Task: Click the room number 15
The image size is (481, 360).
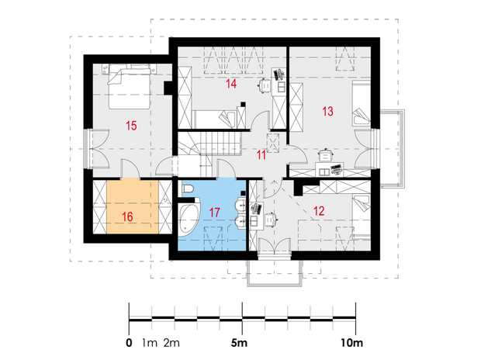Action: click(131, 126)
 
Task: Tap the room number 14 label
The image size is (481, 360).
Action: click(231, 84)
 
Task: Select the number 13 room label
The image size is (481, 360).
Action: click(327, 111)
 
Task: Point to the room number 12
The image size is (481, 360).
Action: click(319, 211)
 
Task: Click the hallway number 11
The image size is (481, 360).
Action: click(261, 155)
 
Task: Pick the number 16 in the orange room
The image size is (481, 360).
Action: click(127, 216)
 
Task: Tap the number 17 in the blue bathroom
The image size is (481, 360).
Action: click(214, 212)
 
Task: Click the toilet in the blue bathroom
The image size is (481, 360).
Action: click(188, 189)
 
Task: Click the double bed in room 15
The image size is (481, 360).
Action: click(129, 86)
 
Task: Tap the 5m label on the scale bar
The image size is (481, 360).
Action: click(239, 343)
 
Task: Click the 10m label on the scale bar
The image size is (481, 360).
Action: click(351, 343)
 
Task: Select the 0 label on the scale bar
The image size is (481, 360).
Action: click(129, 343)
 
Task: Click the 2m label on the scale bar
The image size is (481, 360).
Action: click(171, 343)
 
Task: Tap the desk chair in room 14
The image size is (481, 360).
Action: click(265, 85)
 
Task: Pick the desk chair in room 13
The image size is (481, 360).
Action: click(326, 154)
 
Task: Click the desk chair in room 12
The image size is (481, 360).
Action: click(271, 220)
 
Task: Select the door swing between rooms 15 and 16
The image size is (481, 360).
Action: click(131, 168)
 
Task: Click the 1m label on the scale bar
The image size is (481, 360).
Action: click(150, 343)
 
